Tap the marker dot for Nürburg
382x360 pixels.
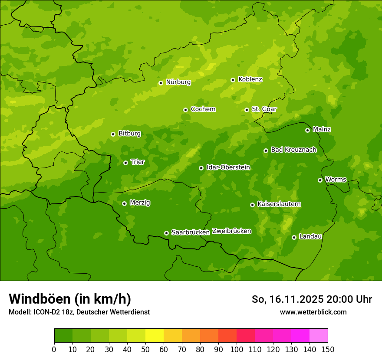coord(161,83)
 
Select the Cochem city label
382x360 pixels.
coord(203,109)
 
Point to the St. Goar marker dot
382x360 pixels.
coord(247,110)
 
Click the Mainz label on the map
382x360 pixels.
coord(322,130)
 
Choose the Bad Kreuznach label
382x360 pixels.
coord(293,150)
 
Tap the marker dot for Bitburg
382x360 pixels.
coord(113,134)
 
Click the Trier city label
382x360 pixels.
coord(137,162)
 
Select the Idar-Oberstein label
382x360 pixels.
coord(228,167)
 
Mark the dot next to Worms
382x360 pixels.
coord(320,180)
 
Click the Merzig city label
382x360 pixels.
coord(140,203)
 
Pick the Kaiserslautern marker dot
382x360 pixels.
coord(252,205)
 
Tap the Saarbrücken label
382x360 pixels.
coord(190,232)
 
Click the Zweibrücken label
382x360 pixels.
coord(231,231)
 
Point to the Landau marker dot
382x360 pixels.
coord(294,237)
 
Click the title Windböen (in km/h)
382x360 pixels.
coord(70,299)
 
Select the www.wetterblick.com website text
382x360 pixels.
coord(313,312)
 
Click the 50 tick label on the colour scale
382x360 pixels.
coord(145,349)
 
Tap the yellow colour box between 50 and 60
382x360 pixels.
coord(155,336)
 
